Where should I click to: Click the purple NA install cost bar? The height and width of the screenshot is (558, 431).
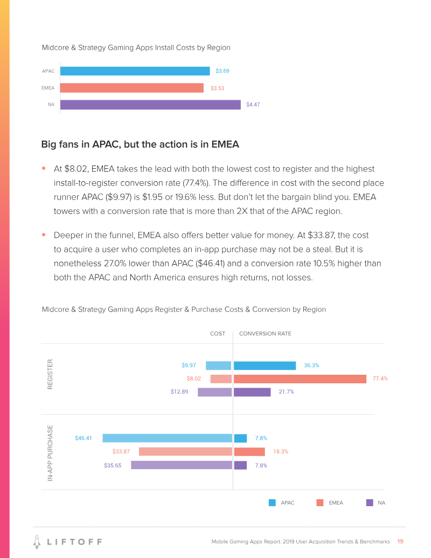[x=150, y=105]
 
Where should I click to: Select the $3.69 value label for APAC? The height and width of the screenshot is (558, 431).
[x=223, y=71]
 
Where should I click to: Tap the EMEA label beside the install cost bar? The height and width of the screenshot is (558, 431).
[x=48, y=88]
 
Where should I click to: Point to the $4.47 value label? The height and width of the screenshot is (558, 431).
[x=253, y=105]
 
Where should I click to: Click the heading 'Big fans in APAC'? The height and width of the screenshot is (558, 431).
[x=140, y=144]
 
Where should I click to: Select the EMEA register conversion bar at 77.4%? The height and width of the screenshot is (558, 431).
[x=300, y=378]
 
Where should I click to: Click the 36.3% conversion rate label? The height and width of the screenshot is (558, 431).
[x=311, y=366]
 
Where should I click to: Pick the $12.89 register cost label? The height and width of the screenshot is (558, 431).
[x=179, y=392]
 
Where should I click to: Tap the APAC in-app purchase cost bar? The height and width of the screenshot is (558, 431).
[x=167, y=438]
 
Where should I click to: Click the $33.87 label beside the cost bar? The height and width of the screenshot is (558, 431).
[x=121, y=452]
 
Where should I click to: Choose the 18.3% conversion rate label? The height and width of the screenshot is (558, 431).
[x=281, y=452]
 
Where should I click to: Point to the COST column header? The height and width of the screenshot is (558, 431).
[x=217, y=334]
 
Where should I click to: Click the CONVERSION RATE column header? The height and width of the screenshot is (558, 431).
[x=265, y=334]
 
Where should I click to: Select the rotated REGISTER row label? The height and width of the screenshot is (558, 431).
[x=50, y=374]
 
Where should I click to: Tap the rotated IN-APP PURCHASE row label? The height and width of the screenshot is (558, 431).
[x=50, y=453]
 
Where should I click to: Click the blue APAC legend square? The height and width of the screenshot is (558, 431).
[x=273, y=503]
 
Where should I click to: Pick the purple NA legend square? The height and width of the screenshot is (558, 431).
[x=370, y=503]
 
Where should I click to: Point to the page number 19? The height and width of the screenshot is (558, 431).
[x=400, y=541]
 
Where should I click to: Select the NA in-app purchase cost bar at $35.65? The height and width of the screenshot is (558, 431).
[x=182, y=465]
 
